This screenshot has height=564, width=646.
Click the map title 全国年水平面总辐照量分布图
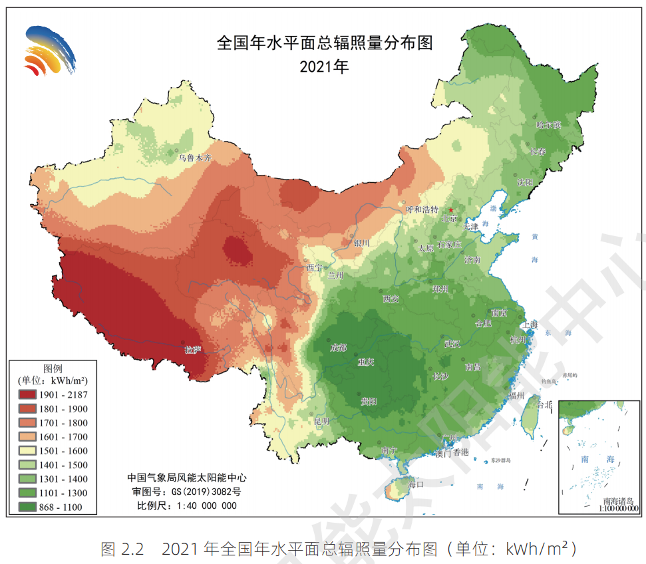324,44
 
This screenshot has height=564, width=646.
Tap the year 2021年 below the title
324,67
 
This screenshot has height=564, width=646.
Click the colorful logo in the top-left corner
49,51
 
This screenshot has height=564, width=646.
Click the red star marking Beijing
452,210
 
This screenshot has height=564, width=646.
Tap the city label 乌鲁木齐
194,158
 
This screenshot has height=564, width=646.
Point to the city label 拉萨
192,349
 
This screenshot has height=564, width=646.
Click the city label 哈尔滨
549,125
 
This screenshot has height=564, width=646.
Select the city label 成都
339,348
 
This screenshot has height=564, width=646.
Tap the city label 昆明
321,421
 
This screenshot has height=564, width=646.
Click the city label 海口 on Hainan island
416,484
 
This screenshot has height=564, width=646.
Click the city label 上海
530,324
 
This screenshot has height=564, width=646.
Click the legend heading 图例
53,368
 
